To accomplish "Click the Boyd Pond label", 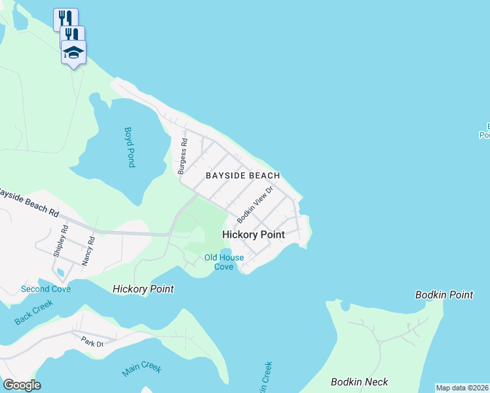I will click(129, 147).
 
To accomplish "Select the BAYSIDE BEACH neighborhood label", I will click(243, 176).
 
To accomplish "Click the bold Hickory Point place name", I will click(253, 234).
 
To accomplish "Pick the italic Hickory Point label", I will click(143, 289).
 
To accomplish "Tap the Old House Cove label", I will click(224, 262).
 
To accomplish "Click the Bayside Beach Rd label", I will click(29, 202).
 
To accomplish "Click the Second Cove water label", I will click(45, 289).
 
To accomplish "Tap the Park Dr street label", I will click(92, 342).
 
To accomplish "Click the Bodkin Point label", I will click(444, 295).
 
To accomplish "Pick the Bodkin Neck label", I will click(360, 382).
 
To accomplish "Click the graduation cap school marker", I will click(73, 52).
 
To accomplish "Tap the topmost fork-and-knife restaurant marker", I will click(66, 18).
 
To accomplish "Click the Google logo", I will click(22, 385).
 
